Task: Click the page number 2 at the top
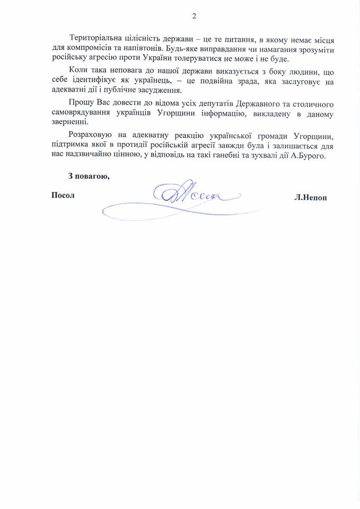tap(194, 15)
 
